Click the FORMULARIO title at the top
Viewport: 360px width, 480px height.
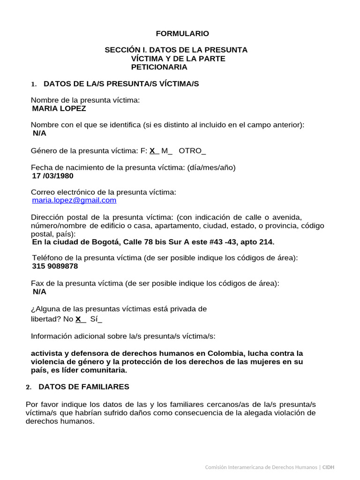(182, 34)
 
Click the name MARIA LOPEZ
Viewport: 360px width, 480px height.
(59, 108)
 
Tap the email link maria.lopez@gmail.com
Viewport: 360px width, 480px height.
(74, 200)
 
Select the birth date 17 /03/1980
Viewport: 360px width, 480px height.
(52, 176)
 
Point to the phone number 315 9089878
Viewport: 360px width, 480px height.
(55, 266)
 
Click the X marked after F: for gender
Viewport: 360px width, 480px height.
(152, 151)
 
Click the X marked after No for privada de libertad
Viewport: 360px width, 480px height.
(78, 319)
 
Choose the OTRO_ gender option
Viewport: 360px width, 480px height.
(192, 151)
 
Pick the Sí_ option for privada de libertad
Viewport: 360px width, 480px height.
(96, 319)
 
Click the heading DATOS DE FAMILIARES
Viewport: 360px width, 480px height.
(84, 387)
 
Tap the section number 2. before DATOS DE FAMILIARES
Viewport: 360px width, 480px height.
(29, 387)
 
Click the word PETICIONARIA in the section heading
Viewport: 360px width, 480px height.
(159, 67)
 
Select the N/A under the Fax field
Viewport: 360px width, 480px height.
(39, 292)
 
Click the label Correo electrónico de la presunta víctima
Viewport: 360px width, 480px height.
(104, 192)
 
